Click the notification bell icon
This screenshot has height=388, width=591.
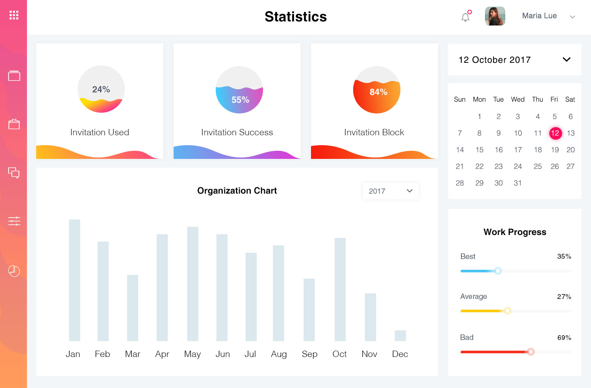pos(465,17)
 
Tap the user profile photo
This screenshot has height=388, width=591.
pos(495,16)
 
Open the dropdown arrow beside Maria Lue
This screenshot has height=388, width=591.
pos(573,17)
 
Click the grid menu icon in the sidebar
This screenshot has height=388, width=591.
pos(14,15)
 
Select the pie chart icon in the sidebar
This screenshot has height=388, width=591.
pos(14,271)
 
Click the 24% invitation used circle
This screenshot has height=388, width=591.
pos(101,89)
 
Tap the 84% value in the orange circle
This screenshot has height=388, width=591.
pos(378,92)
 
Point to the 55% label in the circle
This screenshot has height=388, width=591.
pos(240,100)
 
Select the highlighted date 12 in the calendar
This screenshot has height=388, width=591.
pos(555,133)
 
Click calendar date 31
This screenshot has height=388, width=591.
pos(517,183)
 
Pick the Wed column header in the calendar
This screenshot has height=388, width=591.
pos(517,99)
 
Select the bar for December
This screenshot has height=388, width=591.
pos(400,336)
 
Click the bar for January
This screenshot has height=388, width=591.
pos(74,280)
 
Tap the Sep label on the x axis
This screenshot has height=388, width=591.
pos(310,354)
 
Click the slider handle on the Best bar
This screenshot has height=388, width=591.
pos(498,271)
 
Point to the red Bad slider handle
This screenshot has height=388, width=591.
pos(531,352)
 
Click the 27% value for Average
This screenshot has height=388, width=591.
pos(564,297)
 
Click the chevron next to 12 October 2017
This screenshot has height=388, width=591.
pos(567,59)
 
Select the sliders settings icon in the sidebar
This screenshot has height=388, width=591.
pos(14,221)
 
